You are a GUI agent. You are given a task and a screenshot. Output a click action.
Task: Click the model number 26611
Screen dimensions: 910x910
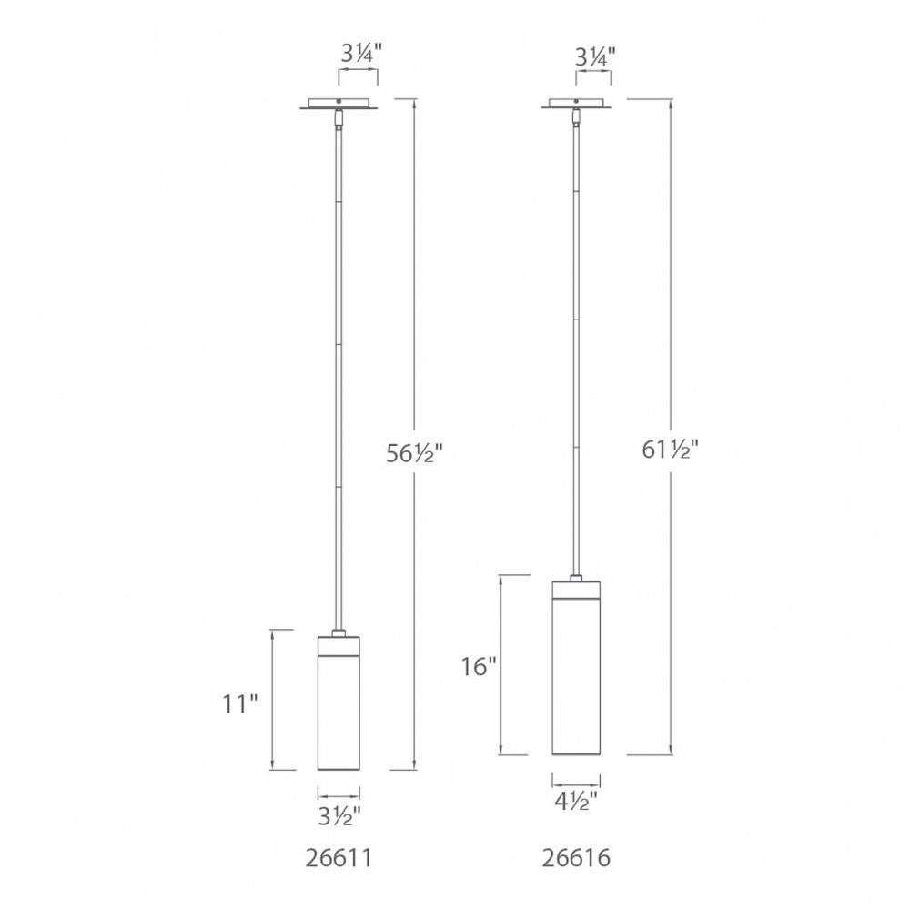[x=339, y=858]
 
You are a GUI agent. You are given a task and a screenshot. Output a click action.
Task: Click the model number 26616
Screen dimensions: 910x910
[x=576, y=858]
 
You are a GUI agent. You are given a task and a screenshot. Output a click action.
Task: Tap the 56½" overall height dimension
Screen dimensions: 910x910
[x=414, y=452]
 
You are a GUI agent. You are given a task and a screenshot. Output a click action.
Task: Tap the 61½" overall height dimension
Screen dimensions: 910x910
[x=671, y=450]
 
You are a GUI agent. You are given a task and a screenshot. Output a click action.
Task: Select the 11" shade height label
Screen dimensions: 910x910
[x=240, y=704]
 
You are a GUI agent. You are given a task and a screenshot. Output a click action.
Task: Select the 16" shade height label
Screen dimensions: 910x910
[x=479, y=667]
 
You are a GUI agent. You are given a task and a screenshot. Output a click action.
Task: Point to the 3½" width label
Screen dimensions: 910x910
[x=339, y=817]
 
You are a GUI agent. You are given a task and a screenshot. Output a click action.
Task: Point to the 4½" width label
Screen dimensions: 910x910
[x=576, y=802]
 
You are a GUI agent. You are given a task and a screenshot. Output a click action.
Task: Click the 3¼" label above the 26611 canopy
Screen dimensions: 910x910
[x=361, y=55]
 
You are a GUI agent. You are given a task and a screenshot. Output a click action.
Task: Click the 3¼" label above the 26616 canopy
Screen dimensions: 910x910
[x=595, y=57]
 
